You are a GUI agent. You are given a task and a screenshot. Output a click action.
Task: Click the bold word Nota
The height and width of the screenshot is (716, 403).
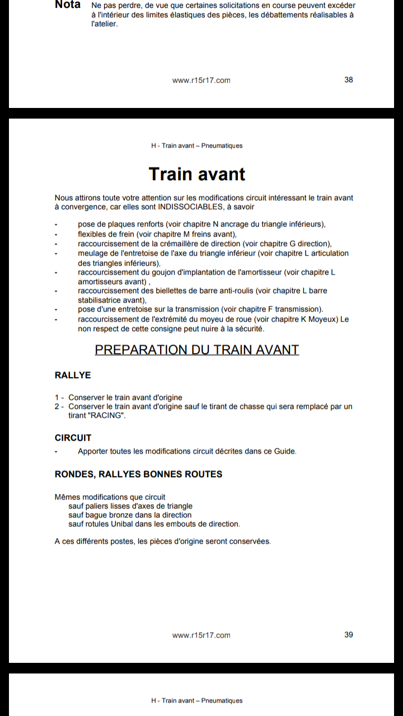[68, 5]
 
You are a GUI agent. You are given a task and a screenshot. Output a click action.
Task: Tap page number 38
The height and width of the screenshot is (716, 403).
[349, 79]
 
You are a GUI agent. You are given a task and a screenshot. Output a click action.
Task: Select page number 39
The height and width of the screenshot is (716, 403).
[349, 634]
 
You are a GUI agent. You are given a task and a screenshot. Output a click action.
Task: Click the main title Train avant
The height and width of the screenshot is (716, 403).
[197, 174]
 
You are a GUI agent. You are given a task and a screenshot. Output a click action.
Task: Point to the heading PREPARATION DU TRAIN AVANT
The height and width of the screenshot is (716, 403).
[197, 350]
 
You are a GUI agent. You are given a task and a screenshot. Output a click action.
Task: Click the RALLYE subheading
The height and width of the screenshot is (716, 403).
[73, 375]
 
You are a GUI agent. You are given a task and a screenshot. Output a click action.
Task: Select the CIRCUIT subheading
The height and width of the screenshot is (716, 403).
[73, 437]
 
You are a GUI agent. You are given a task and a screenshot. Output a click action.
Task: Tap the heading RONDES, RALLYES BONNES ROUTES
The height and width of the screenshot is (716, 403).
[138, 474]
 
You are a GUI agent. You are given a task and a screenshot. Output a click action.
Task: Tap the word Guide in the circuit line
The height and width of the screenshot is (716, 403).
[284, 451]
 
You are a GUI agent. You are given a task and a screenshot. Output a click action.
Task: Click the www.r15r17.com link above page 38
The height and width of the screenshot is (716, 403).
[201, 80]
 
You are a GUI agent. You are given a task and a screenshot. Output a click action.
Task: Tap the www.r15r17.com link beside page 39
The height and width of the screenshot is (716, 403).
[201, 635]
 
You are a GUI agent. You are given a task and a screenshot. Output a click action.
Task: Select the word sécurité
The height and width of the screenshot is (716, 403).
[248, 328]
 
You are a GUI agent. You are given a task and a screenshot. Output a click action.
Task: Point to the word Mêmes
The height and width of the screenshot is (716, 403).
[67, 497]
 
